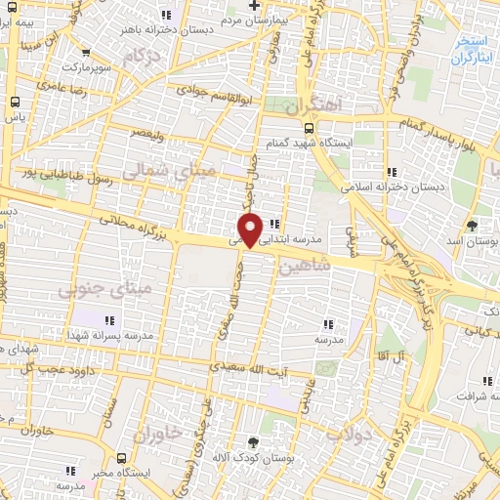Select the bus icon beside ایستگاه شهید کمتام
click(x=308, y=128)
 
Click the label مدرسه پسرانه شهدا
click(x=109, y=335)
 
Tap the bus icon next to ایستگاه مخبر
click(x=120, y=457)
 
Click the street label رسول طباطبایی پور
click(x=66, y=176)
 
